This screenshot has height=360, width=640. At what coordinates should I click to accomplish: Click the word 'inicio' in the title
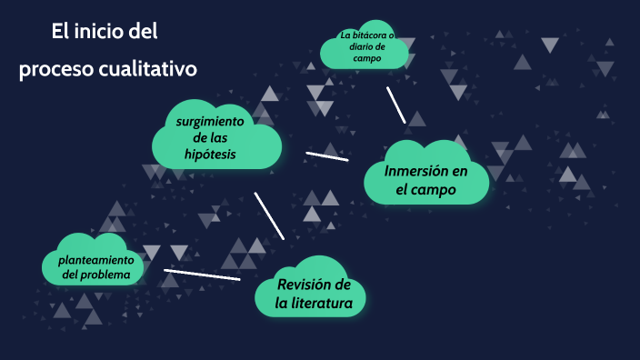pyautogui.click(x=96, y=33)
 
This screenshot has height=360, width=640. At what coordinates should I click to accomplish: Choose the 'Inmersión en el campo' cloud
pyautogui.click(x=425, y=179)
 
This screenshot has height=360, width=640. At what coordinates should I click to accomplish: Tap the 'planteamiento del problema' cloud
pyautogui.click(x=95, y=262)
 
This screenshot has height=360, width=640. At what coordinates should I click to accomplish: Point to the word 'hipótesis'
pyautogui.click(x=210, y=155)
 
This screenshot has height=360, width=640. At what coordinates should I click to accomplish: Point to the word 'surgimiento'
pyautogui.click(x=210, y=121)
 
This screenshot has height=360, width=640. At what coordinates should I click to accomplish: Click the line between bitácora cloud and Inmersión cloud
pyautogui.click(x=395, y=104)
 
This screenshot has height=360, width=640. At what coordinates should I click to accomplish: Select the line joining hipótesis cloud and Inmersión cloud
pyautogui.click(x=327, y=155)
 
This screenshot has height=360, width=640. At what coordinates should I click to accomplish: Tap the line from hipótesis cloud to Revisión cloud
pyautogui.click(x=269, y=215)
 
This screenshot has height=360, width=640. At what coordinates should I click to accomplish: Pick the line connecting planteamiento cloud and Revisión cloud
pyautogui.click(x=202, y=274)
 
